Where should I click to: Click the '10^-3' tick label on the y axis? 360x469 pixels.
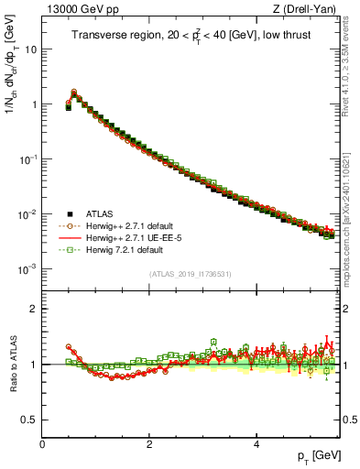pyautogui.click(x=28, y=269)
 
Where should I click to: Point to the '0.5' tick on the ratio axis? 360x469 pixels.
pyautogui.click(x=30, y=420)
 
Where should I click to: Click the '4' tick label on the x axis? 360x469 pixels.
pyautogui.click(x=256, y=444)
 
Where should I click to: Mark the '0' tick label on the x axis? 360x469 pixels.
pyautogui.click(x=42, y=444)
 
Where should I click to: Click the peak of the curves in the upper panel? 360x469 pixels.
pyautogui.click(x=74, y=92)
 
